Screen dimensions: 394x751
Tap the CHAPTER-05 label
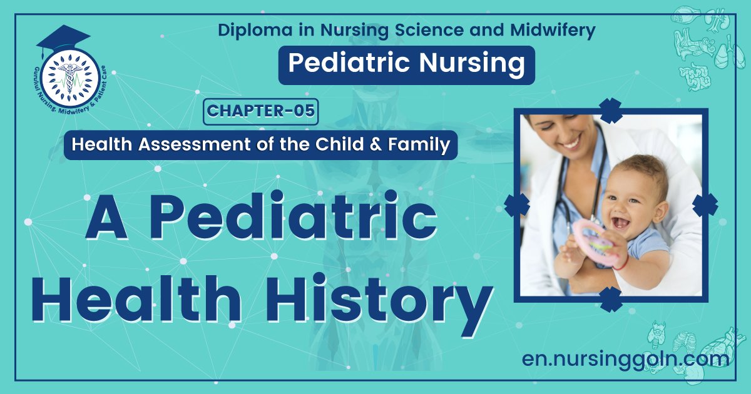pos(261,111)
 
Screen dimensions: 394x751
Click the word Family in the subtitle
pos(424,145)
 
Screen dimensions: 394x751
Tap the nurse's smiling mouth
pos(570,143)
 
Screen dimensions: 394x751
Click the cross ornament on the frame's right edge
pos(705,205)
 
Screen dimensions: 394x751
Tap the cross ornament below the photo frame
pos(610,300)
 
